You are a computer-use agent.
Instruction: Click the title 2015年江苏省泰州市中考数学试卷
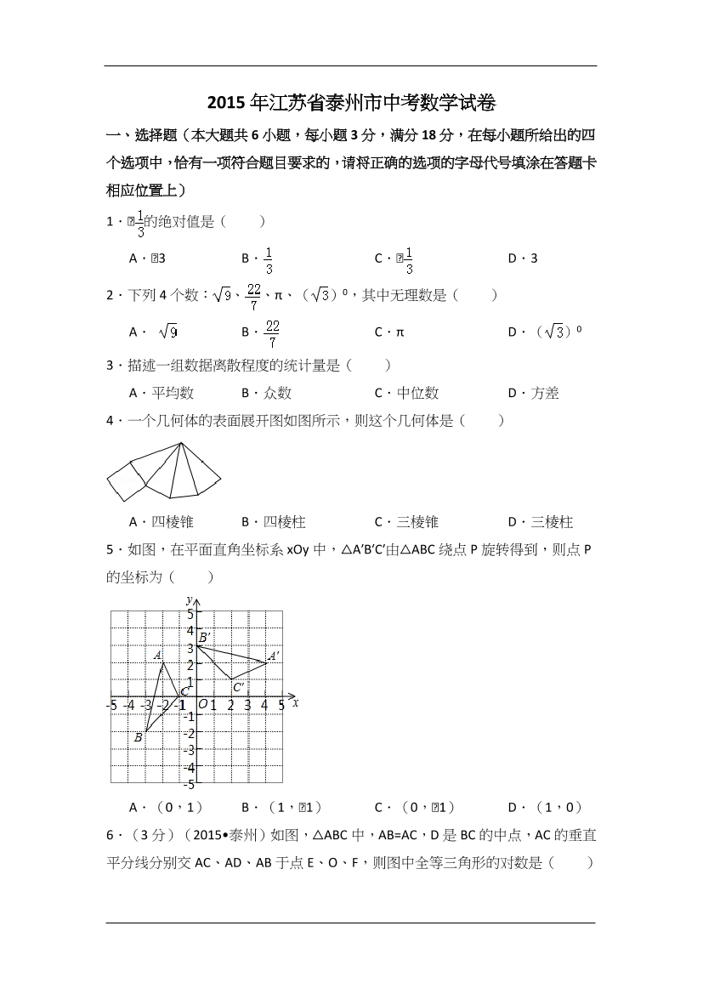351,104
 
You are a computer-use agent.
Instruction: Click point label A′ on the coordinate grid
273,656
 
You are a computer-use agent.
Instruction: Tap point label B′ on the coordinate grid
204,637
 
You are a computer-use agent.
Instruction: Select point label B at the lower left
138,737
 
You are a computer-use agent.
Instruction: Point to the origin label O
202,703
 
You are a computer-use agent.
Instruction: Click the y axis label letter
188,600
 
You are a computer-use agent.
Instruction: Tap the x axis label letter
295,702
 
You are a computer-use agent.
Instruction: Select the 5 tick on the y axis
191,613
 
